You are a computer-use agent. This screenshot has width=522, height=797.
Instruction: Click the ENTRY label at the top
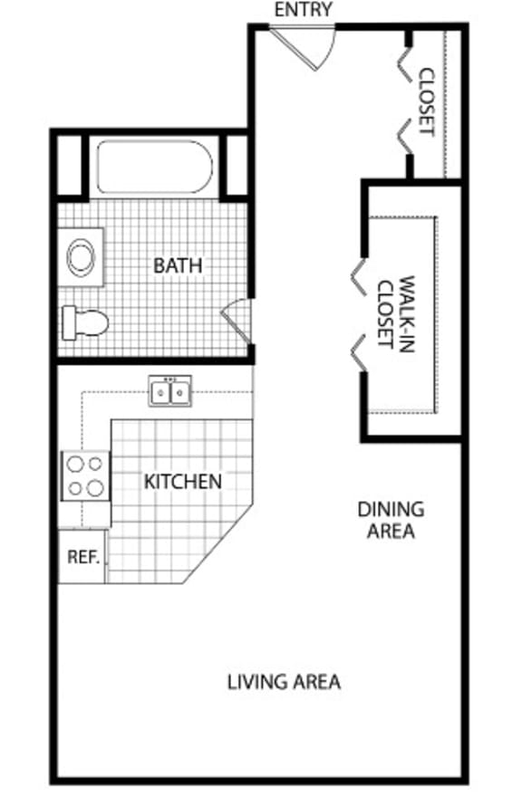pos(303,10)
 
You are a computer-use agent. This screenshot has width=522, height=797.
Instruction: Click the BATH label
pos(178,265)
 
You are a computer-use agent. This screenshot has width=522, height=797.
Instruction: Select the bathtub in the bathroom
pos(154,167)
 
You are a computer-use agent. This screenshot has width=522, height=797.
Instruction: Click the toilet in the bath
pos(85,322)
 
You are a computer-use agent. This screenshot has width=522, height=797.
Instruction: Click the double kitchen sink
pos(170,392)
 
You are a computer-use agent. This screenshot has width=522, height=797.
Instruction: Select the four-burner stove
pos(84,476)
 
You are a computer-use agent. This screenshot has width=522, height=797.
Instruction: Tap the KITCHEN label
pos(182,480)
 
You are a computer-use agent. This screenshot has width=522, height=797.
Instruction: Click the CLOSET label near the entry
pos(427,101)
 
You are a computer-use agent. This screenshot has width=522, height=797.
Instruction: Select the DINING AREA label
pos(391,520)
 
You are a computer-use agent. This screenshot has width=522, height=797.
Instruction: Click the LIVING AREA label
pos(284,681)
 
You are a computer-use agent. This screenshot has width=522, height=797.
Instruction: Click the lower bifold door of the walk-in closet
pos(359,352)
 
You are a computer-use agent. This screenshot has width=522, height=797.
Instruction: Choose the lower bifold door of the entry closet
pos(404,136)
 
